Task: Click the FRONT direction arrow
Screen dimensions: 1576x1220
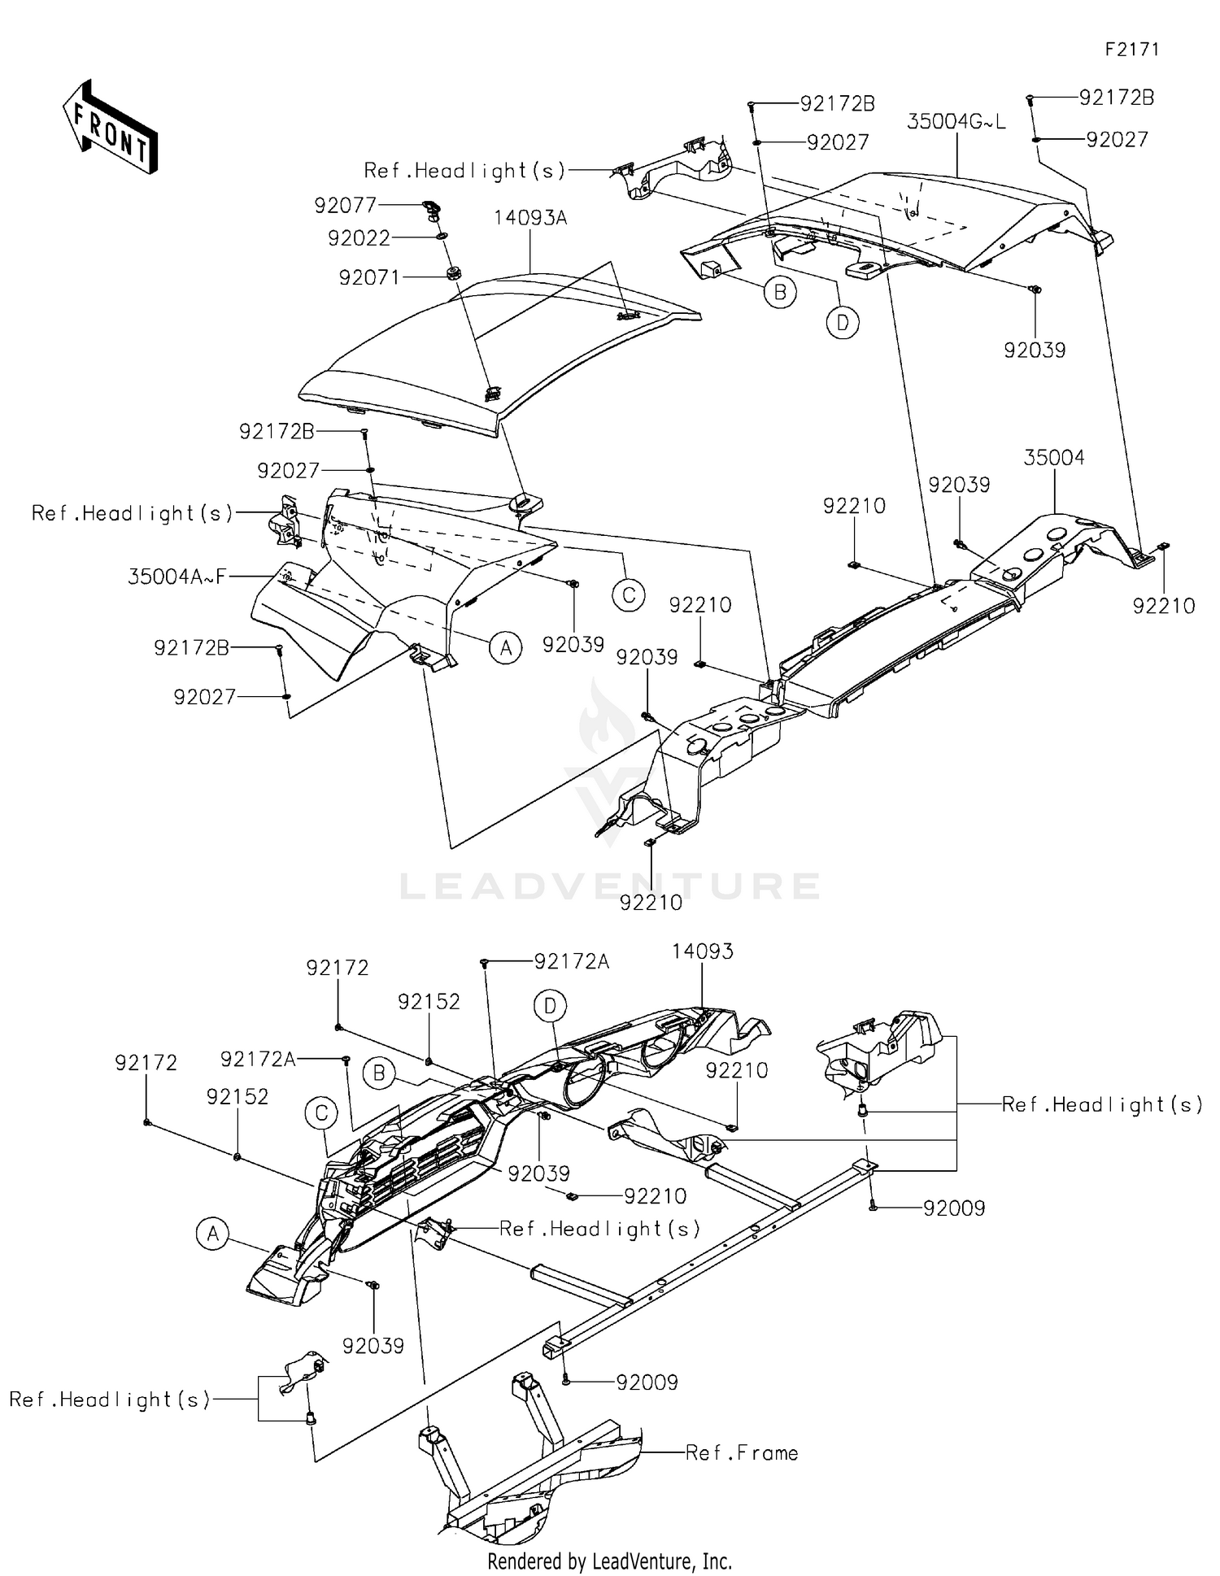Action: [110, 128]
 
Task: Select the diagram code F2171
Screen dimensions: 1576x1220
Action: [1131, 50]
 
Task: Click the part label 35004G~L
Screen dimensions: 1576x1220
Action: [956, 122]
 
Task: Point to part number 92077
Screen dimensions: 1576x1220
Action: [345, 206]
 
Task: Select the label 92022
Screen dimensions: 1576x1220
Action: [359, 238]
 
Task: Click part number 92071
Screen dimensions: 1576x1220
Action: [369, 278]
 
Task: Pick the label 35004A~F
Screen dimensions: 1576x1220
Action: [176, 577]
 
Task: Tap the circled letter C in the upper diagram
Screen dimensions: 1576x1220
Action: [629, 595]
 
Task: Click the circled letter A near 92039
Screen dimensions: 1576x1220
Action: [506, 648]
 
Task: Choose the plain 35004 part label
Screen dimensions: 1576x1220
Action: [1053, 458]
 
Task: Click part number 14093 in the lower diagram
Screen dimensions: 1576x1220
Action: [703, 951]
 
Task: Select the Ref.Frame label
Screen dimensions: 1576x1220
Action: [742, 1453]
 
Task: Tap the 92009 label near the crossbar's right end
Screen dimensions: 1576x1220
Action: [953, 1208]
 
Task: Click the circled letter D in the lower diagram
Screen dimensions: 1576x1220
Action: [550, 1007]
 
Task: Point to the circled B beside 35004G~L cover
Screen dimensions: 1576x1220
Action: [779, 292]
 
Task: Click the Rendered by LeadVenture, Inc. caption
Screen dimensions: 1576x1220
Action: [609, 1561]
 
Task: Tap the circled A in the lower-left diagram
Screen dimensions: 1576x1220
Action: [212, 1234]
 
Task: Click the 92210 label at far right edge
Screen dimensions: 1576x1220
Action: [1164, 606]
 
